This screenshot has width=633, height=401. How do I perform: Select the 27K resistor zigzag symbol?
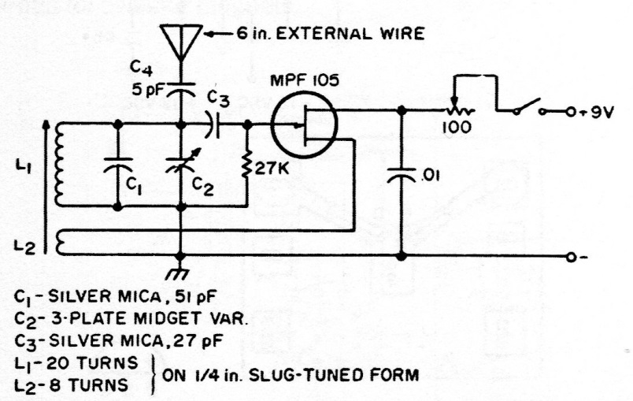click(246, 165)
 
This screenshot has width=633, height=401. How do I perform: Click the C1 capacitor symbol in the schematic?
click(117, 165)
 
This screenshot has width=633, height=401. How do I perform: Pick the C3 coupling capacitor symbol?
click(213, 124)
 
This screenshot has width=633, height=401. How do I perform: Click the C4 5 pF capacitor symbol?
click(181, 90)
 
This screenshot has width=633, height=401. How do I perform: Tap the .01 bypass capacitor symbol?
click(401, 175)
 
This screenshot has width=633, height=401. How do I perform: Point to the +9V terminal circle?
click(570, 112)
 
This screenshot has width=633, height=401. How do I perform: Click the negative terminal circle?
click(571, 257)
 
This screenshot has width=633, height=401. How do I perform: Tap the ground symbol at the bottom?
click(178, 272)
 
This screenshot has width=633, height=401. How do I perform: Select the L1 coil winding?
click(59, 165)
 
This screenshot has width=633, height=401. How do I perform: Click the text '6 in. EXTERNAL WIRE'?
click(330, 34)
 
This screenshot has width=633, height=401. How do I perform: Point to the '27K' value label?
click(272, 169)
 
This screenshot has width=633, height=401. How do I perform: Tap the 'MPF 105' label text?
click(304, 81)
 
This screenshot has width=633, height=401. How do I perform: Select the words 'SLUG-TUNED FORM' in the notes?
click(333, 376)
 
